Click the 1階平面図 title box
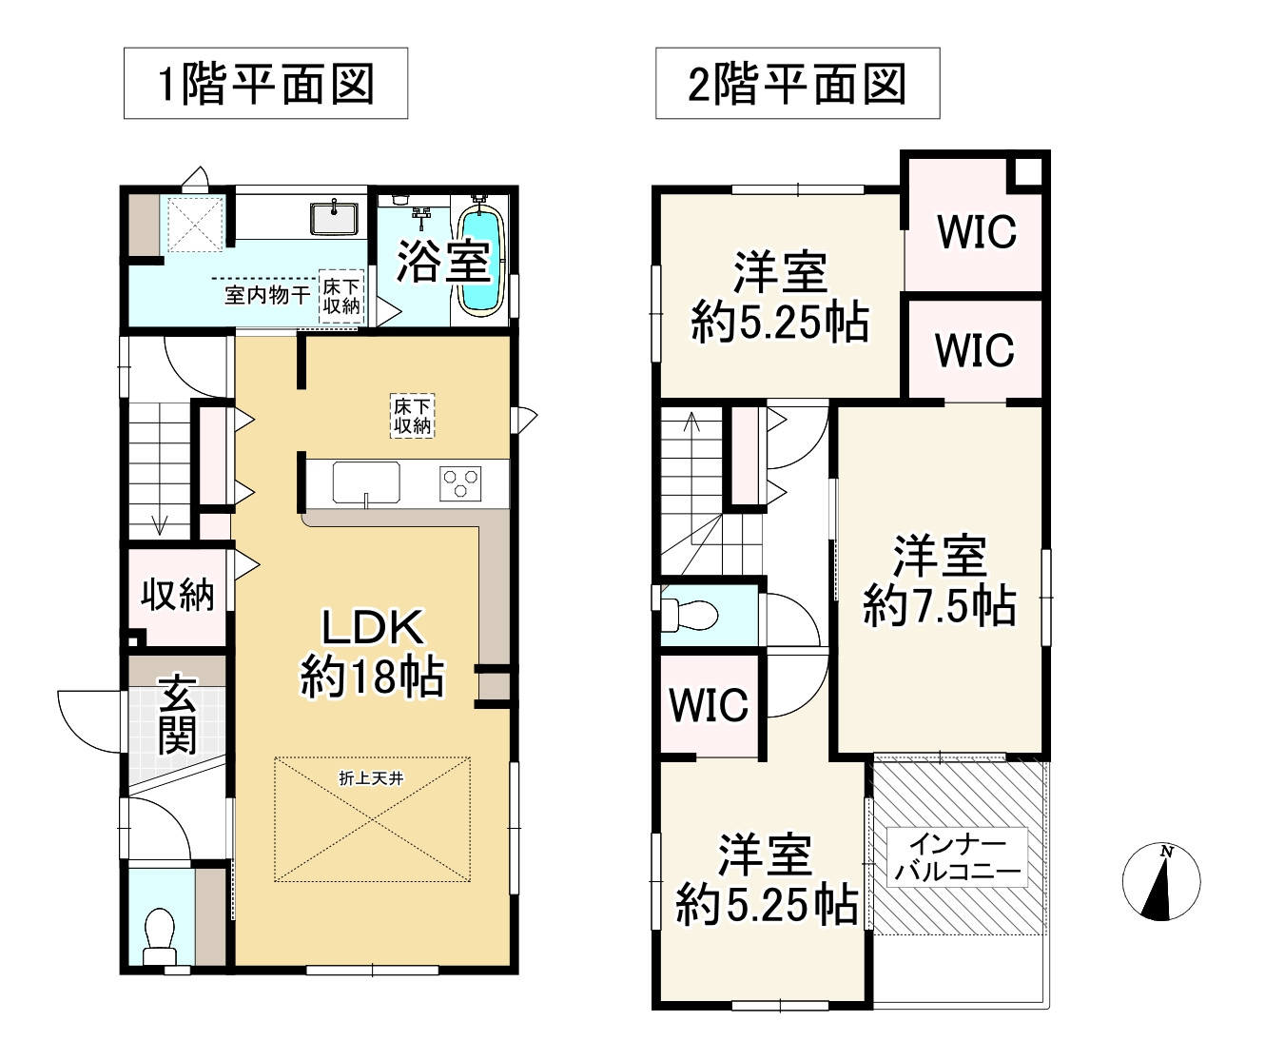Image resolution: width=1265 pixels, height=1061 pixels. coord(265,84)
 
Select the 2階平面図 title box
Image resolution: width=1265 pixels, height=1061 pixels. coord(797,84)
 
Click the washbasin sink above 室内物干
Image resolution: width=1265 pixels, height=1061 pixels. coord(334,218)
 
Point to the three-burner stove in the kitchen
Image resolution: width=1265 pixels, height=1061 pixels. coord(461,482)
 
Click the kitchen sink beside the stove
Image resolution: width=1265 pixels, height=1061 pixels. coord(366,481)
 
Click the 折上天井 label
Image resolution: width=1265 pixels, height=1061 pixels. coord(371,778)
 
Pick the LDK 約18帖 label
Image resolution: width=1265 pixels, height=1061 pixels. coord(372,653)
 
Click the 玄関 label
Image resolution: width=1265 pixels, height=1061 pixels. coord(177,714)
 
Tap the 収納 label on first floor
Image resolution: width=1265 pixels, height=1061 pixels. coord(177,595)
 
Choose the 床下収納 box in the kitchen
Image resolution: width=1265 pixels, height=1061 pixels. coord(413,417)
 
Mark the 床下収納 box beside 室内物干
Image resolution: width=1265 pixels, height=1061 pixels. coord(341,296)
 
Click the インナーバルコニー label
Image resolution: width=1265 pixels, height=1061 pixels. coord(957,857)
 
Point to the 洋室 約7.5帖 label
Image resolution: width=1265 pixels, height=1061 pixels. coord(940,580)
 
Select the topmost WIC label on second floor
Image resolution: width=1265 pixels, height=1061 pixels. coord(977,231)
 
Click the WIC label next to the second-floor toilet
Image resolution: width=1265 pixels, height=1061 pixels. coord(709,705)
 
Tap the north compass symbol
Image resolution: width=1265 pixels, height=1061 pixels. coord(1160,881)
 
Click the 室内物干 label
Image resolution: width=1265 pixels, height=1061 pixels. coord(266,295)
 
